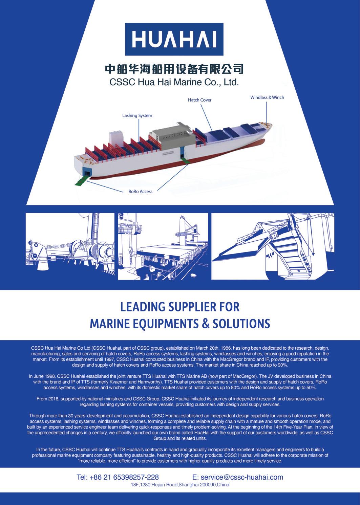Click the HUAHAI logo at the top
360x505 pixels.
(174, 39)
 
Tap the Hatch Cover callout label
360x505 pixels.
(199, 100)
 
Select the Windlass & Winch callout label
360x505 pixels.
(267, 97)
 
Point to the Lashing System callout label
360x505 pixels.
(137, 115)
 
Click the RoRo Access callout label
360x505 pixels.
(140, 192)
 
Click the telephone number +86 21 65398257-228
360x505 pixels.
(118, 477)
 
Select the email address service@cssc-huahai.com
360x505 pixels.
(237, 477)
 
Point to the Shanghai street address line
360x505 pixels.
(180, 485)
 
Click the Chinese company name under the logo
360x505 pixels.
(174, 69)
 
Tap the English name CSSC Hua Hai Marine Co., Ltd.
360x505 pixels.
(174, 82)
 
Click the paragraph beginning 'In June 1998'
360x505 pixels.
(180, 381)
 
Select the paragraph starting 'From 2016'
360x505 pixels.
(180, 401)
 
